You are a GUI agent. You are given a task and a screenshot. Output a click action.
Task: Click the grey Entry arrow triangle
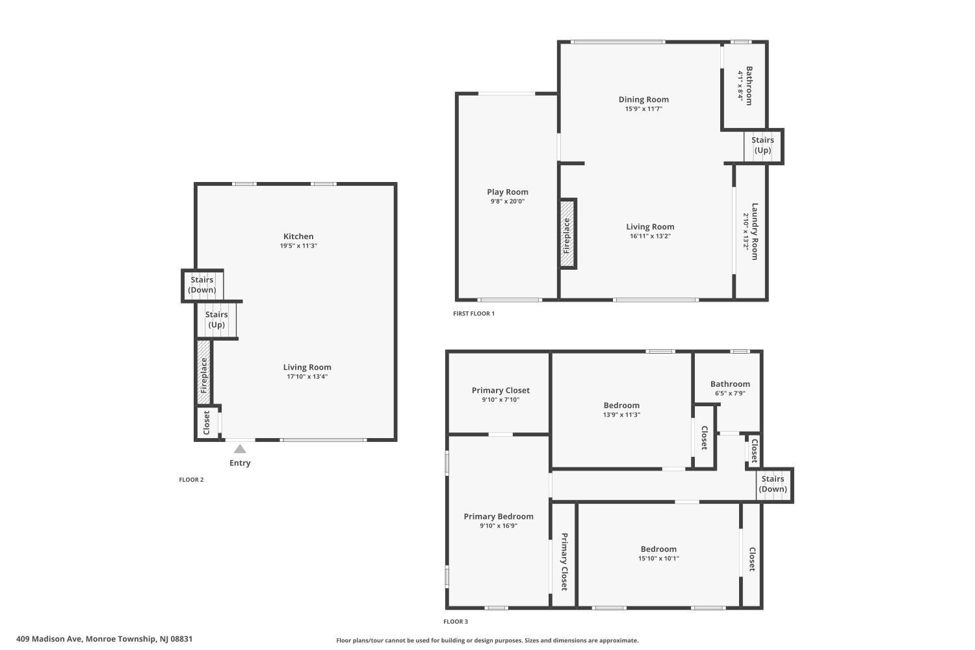point(240,449)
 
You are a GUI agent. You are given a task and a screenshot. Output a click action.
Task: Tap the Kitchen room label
point(298,237)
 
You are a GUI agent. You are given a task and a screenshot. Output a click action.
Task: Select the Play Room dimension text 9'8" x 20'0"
point(508,201)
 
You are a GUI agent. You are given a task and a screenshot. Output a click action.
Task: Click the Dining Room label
point(643,99)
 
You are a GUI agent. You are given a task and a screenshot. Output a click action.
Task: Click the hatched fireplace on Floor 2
point(203,372)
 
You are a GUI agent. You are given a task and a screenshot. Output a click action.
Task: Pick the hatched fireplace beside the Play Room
point(567,233)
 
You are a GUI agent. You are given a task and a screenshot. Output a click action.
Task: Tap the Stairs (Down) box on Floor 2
point(202,285)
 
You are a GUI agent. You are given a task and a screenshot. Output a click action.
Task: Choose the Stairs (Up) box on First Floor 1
point(762,146)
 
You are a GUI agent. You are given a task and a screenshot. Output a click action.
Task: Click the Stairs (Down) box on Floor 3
point(773,484)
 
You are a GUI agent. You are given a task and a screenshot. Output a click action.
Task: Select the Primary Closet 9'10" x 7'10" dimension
point(500,400)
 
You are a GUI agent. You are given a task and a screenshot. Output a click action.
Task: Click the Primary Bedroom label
point(499,516)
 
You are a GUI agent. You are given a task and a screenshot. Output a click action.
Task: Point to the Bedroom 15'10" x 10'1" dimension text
point(658,558)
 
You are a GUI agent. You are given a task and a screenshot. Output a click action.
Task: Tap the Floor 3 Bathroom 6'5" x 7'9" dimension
point(730,393)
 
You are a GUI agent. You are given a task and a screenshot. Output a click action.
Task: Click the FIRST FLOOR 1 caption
point(474,313)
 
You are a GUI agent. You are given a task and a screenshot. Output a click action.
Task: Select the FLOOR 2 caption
point(191,480)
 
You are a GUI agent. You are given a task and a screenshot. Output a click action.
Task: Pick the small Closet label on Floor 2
point(207,422)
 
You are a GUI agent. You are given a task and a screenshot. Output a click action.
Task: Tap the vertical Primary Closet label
point(564,562)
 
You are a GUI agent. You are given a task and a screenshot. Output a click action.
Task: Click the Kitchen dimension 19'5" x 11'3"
point(298,246)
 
